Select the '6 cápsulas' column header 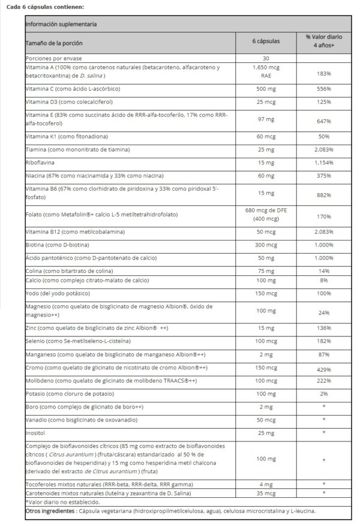[266, 43]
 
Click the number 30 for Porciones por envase [266, 58]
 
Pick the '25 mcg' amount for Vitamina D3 [266, 101]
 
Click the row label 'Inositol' [37, 432]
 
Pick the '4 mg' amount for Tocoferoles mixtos [266, 483]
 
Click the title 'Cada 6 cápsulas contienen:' [45, 6]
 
